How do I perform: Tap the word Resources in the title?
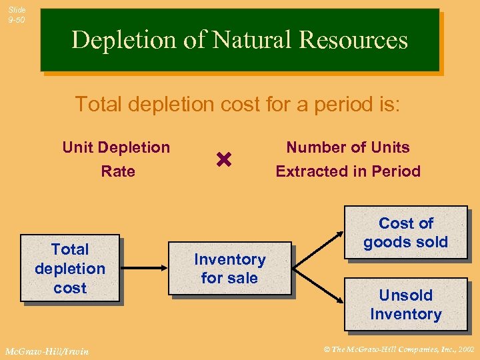point(353,41)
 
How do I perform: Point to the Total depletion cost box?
point(70,269)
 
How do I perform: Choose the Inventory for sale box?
point(229,268)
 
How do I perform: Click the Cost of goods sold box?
point(405,233)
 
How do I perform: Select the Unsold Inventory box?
point(405,305)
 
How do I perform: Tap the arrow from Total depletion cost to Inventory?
point(143,268)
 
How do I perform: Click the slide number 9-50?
point(17,20)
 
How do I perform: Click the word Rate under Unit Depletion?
point(118,171)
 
